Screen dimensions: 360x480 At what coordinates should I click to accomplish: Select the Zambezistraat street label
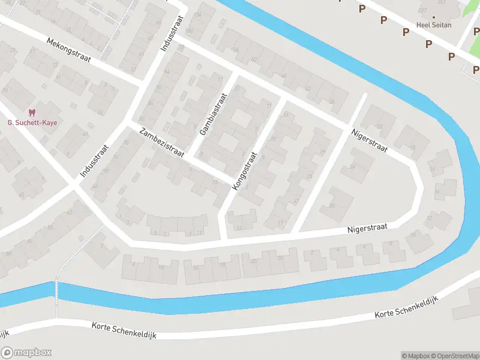click(x=161, y=143)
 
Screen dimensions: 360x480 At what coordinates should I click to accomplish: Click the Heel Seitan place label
click(x=434, y=25)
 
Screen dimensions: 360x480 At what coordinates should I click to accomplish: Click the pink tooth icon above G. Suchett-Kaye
click(x=32, y=112)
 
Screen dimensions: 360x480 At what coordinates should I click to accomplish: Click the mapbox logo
click(x=26, y=352)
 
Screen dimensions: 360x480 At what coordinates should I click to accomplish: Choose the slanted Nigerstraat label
click(x=370, y=140)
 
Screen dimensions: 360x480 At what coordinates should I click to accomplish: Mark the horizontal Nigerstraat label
click(x=368, y=228)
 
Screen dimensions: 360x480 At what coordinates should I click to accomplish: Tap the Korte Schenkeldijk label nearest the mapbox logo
click(x=124, y=330)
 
